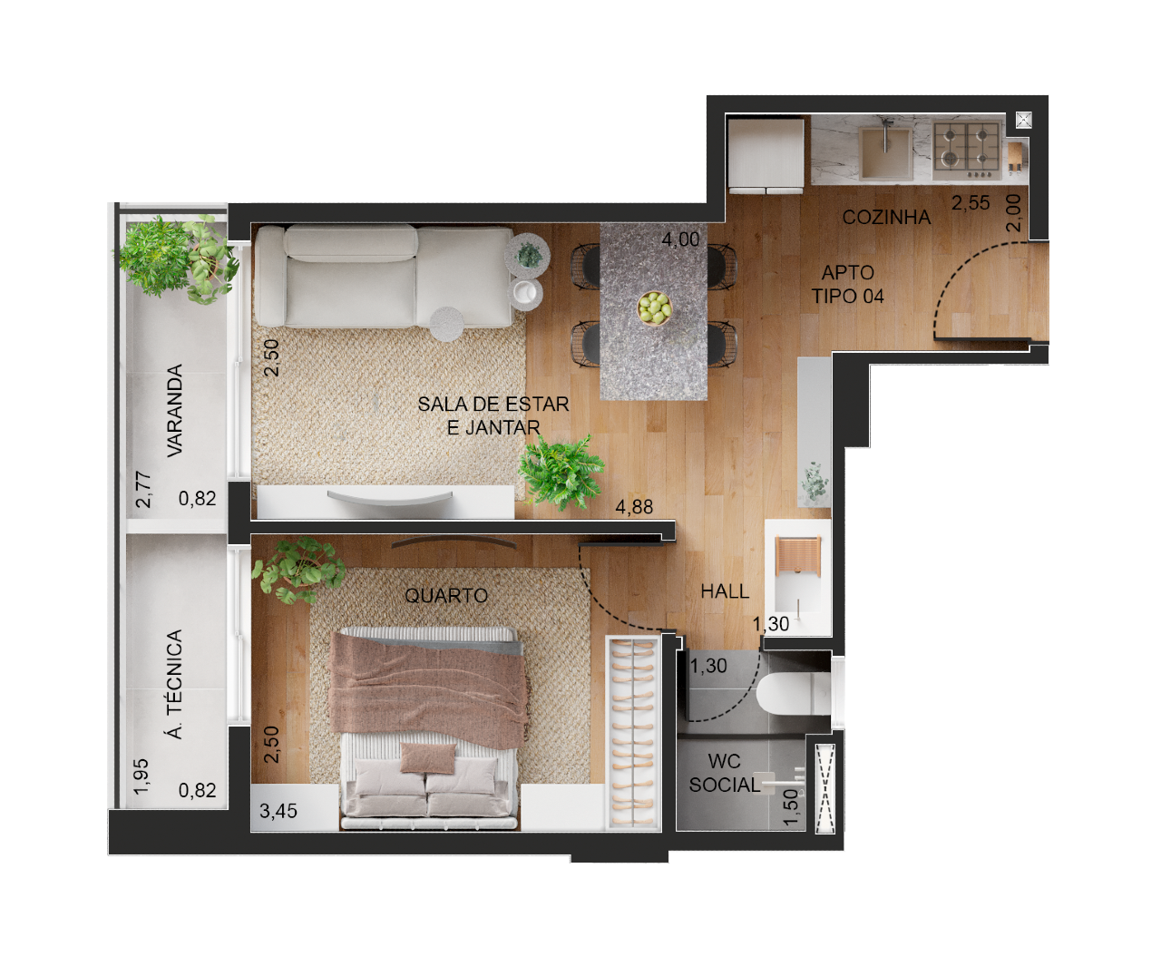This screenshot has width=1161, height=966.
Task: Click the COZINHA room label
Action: click(x=886, y=217)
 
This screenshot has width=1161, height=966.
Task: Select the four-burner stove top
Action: click(x=967, y=148)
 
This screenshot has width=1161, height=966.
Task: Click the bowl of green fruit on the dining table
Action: click(x=655, y=307)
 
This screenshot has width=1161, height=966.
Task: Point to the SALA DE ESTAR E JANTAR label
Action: click(x=493, y=415)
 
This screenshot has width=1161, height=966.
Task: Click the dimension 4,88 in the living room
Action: click(x=634, y=507)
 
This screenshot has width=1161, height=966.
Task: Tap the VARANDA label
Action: click(x=174, y=410)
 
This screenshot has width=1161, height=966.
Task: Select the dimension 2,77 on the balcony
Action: click(x=143, y=490)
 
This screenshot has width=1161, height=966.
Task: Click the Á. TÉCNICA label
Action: click(x=174, y=684)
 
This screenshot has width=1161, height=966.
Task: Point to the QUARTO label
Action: click(x=446, y=596)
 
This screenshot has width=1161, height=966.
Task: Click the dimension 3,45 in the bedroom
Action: click(x=278, y=811)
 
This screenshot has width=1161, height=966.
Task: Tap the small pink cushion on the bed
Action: click(x=428, y=758)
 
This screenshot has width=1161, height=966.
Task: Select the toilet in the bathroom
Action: click(x=794, y=693)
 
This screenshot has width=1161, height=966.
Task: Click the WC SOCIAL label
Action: click(x=725, y=773)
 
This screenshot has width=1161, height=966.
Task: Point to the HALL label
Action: click(x=725, y=591)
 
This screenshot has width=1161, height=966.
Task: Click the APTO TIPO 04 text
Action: click(x=847, y=284)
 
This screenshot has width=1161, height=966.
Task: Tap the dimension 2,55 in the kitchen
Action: click(x=971, y=203)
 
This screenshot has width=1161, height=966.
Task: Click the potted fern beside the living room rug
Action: click(x=561, y=472)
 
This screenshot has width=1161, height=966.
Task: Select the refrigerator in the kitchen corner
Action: click(x=766, y=154)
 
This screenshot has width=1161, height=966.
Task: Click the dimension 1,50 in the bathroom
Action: click(x=790, y=807)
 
